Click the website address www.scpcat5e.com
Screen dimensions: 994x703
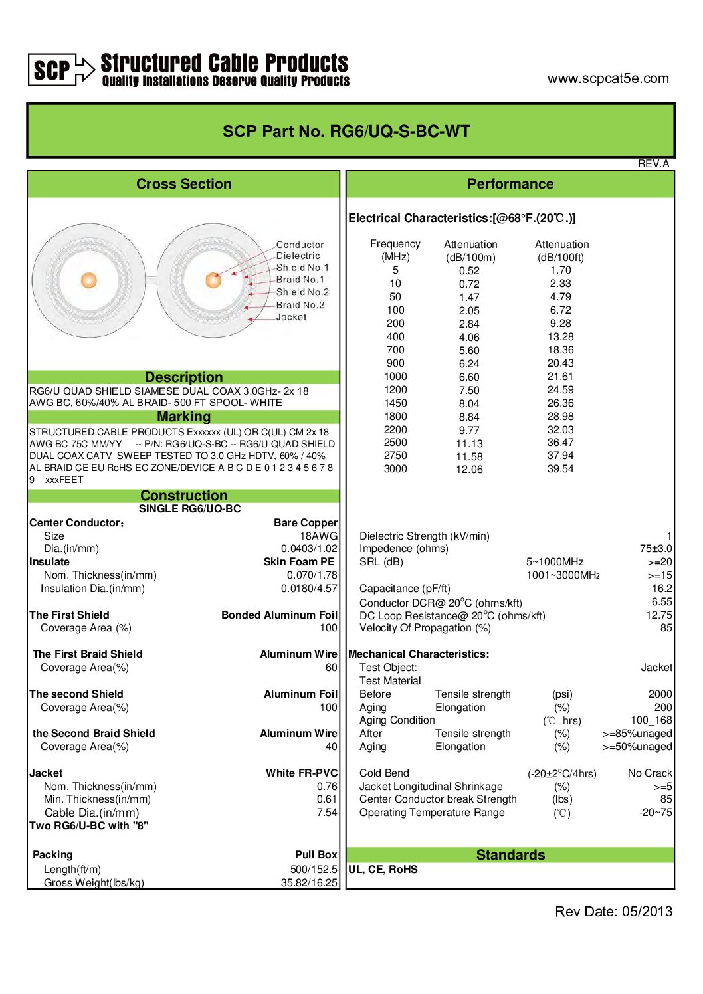(x=607, y=78)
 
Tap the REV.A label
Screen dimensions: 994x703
(x=653, y=164)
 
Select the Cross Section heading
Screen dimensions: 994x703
(x=183, y=184)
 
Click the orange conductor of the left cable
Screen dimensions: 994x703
(x=89, y=280)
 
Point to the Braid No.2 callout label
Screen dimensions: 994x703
(x=300, y=305)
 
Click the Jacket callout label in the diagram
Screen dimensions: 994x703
(x=291, y=317)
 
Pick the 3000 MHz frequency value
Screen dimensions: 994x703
(x=395, y=469)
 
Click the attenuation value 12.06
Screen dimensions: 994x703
(x=469, y=470)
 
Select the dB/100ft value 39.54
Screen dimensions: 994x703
(x=560, y=469)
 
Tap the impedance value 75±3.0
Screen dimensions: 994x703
(x=655, y=549)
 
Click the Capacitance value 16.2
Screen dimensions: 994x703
(x=662, y=588)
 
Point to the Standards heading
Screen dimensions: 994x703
(x=510, y=855)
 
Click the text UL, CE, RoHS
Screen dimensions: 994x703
(x=383, y=869)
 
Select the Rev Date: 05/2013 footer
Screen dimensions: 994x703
(x=613, y=912)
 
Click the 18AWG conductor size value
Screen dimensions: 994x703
(x=318, y=536)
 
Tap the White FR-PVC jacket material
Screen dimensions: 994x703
(x=302, y=773)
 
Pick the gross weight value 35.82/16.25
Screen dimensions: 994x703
(x=309, y=883)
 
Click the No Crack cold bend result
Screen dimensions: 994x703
(x=649, y=773)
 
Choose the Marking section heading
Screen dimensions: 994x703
(x=183, y=417)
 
